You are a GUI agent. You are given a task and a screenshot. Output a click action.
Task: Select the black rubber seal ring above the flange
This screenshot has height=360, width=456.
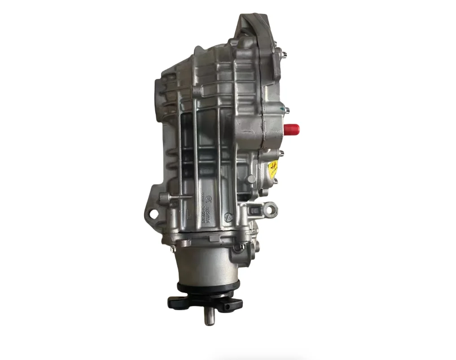click(x=208, y=287)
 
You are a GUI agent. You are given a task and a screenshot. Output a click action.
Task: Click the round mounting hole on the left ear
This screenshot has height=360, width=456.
click(x=154, y=214)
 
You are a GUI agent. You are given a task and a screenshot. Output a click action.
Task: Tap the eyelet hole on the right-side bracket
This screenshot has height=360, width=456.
click(x=270, y=209)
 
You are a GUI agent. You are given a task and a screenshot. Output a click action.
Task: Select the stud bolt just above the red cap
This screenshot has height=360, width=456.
click(x=285, y=109)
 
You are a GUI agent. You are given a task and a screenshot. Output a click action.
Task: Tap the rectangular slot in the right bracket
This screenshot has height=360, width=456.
click(x=255, y=209)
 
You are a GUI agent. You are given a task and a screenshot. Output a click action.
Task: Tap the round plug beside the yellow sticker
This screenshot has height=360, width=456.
click(x=251, y=179)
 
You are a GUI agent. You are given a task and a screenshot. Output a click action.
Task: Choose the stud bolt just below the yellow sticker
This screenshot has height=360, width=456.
click(x=276, y=181)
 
